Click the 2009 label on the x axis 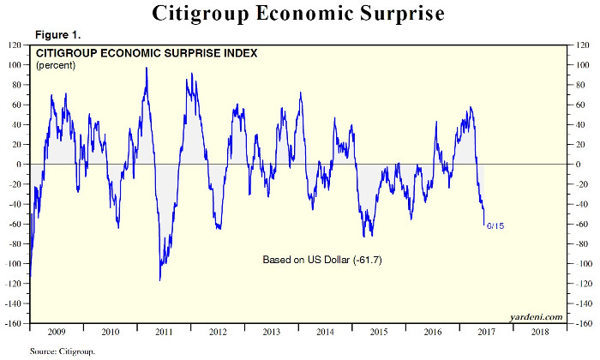57,331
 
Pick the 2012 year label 217,331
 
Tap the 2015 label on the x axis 378,331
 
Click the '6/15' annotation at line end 495,225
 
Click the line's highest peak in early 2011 147,68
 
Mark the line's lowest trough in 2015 369,236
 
